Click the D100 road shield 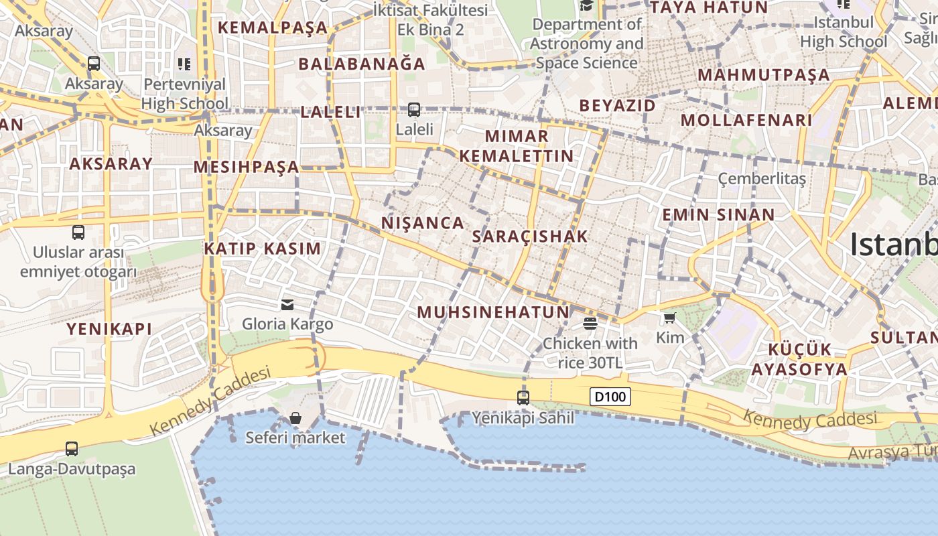[x=610, y=397]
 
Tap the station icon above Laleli [x=414, y=109]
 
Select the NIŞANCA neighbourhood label [x=423, y=223]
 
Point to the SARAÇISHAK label [x=530, y=236]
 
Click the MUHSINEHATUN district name [x=493, y=312]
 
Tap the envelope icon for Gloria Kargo [x=287, y=305]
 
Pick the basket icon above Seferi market [x=295, y=419]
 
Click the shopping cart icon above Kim [x=669, y=318]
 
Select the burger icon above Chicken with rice [x=590, y=324]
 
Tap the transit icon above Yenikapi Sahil [x=523, y=398]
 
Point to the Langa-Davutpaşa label [x=72, y=468]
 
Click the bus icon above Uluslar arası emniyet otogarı [x=78, y=232]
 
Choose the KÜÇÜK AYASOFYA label [x=799, y=360]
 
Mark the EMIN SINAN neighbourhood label [x=718, y=215]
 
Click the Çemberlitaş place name [x=762, y=179]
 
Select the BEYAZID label [x=617, y=106]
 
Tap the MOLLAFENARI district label [x=746, y=121]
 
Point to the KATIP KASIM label [x=263, y=249]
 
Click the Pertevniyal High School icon [x=184, y=64]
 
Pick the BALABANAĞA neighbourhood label [x=362, y=64]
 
